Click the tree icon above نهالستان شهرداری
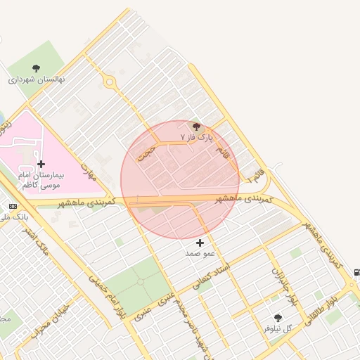click(x=36, y=68)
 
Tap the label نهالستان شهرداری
click(x=36, y=79)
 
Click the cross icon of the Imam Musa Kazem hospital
click(x=41, y=163)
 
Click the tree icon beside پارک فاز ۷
click(x=196, y=126)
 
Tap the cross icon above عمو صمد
click(x=200, y=243)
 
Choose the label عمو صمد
click(x=200, y=252)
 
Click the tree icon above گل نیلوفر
click(x=278, y=318)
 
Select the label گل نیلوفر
click(x=278, y=328)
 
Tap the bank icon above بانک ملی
click(x=13, y=206)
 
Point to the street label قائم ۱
click(x=257, y=174)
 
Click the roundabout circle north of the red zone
click(x=109, y=82)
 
